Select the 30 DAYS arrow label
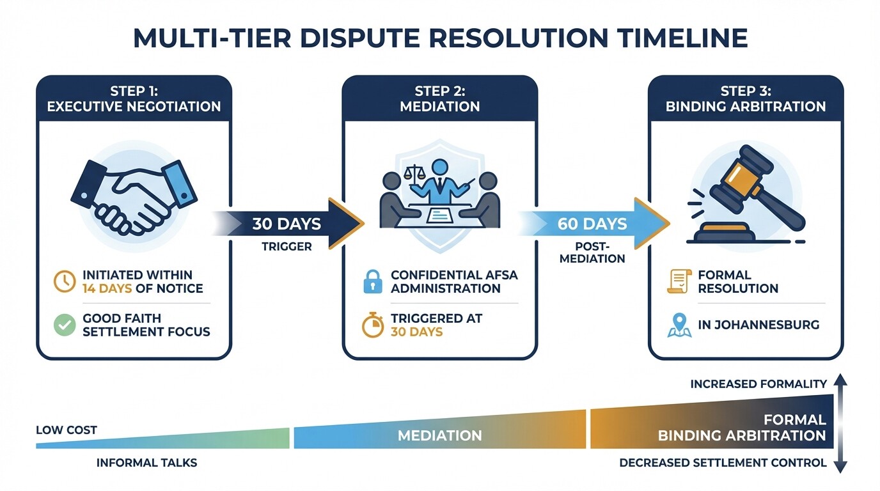tap(287, 224)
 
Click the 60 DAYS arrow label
tap(592, 224)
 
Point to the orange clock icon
tap(64, 281)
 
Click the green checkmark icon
tap(64, 325)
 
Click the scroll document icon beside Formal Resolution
tap(679, 281)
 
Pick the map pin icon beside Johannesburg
tap(679, 325)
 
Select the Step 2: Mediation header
tap(440, 98)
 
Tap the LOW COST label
tap(67, 430)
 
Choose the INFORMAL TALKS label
tap(146, 462)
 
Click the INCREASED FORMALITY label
tap(758, 384)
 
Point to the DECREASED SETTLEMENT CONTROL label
tap(723, 462)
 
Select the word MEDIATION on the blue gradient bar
tap(439, 436)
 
